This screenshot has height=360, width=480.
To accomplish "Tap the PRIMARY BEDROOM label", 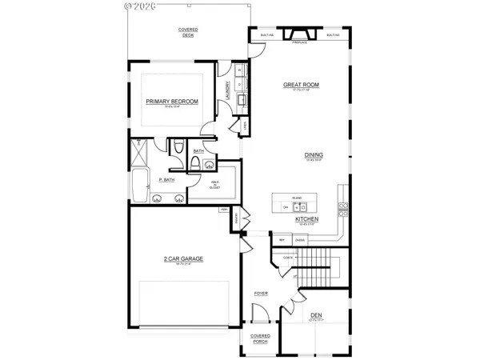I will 171,101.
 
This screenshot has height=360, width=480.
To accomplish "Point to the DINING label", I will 313,155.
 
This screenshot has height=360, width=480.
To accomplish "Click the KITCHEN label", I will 308,218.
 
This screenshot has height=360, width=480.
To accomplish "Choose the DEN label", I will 318,315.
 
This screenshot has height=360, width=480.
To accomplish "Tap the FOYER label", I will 261,294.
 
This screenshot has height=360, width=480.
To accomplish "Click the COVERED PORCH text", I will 260,339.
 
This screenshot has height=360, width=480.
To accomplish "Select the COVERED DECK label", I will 188,32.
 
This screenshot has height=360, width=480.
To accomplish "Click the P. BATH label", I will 166,180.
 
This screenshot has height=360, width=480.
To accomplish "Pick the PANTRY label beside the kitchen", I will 238,216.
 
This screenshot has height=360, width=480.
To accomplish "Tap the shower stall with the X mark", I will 141,148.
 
